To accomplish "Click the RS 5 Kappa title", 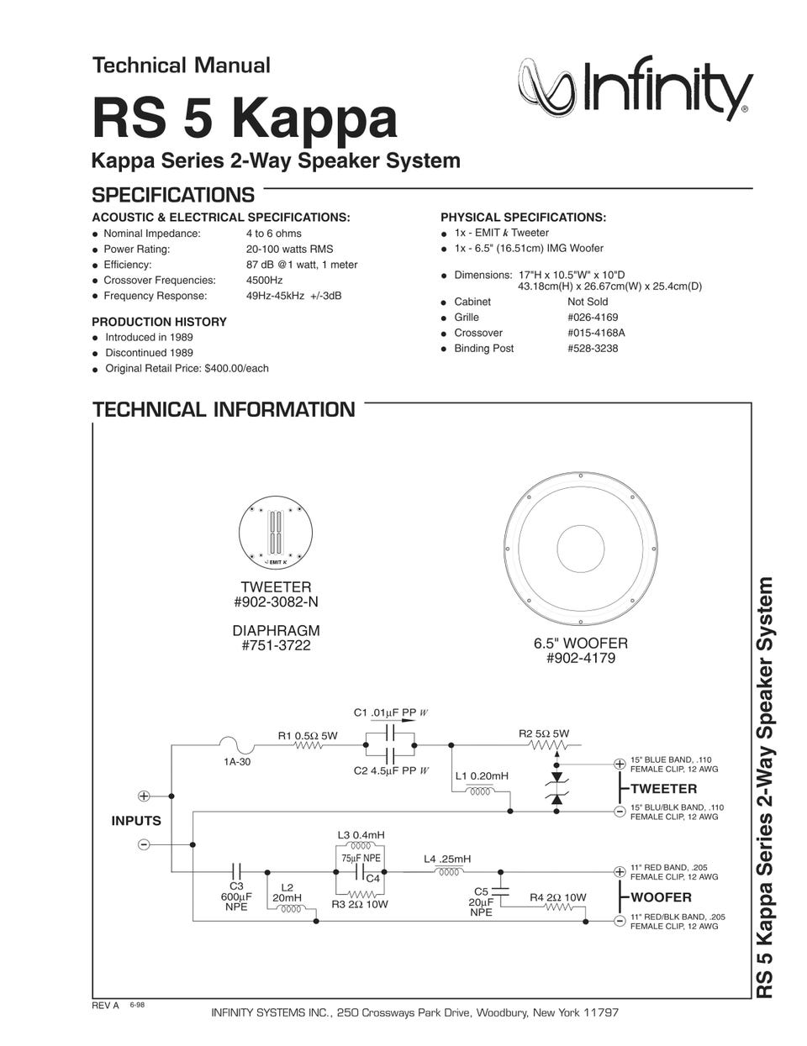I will pos(244,118).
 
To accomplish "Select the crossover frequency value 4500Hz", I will pos(264,280).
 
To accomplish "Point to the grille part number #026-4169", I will pos(593,317).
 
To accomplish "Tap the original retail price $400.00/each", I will pos(236,368).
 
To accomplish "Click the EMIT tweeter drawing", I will pos(276,534).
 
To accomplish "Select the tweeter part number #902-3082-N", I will pos(276,602).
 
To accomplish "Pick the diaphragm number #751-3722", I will pos(276,645).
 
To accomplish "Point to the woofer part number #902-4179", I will pos(580,659).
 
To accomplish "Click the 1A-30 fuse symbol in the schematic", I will pos(236,744).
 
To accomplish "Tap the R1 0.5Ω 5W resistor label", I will pos(308,735).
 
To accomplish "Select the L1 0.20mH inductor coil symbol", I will pos(482,791).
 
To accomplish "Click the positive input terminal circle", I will pos(144,796).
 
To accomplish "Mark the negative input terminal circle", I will pos(144,844).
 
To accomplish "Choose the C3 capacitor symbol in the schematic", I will pos(236,871).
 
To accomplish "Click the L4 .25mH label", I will pos(447,859).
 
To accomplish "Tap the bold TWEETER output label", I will pos(663,789).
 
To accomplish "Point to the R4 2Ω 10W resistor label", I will pos(557,897).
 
